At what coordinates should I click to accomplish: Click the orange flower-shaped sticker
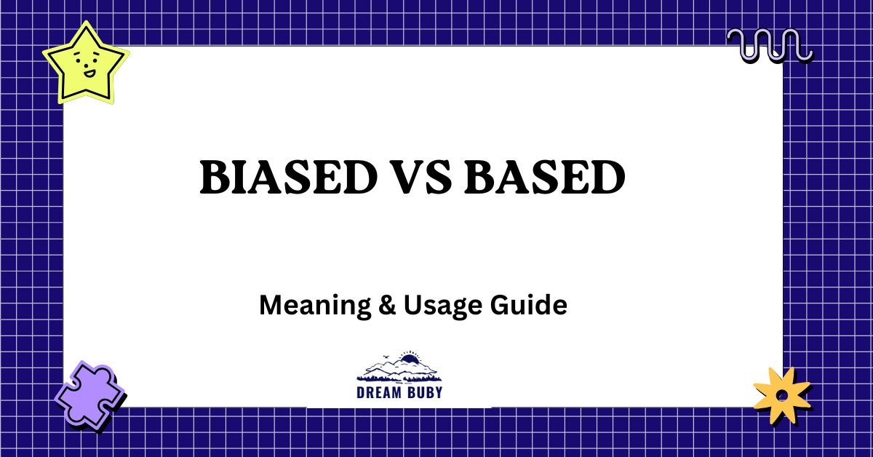point(781,395)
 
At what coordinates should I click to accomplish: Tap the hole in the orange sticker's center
point(781,396)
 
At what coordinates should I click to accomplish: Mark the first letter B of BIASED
point(212,178)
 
